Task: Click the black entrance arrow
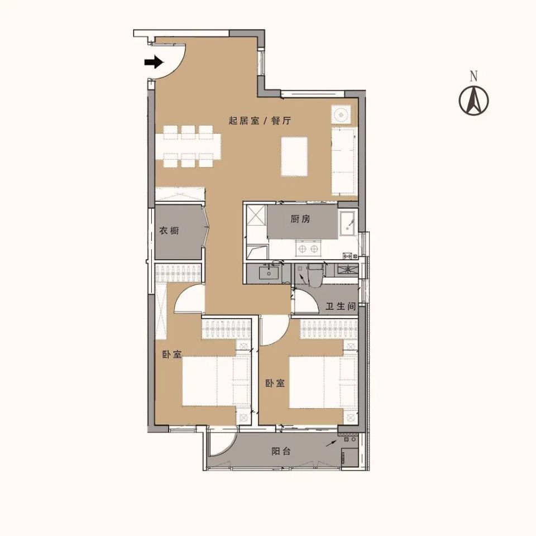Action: [154, 62]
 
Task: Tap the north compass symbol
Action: [473, 100]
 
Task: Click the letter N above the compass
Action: [473, 76]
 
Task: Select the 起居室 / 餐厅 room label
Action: [260, 121]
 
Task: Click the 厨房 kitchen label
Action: [300, 219]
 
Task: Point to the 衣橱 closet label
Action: [169, 231]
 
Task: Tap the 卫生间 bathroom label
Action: [341, 307]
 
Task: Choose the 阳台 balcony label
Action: [281, 451]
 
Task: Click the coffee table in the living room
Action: [294, 156]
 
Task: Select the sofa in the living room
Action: [343, 161]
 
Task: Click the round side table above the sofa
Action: [341, 114]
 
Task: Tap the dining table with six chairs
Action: [188, 147]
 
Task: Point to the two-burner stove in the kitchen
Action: [308, 248]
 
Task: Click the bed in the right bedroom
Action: [323, 382]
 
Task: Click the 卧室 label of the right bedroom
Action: [275, 383]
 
